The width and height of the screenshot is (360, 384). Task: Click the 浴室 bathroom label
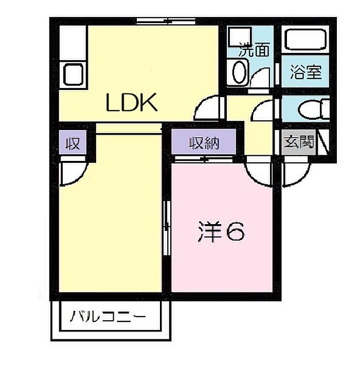point(306,72)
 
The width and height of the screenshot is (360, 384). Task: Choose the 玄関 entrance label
point(299,142)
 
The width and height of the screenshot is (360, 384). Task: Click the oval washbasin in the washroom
point(239,72)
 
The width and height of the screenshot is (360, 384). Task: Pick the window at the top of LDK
point(166,22)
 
